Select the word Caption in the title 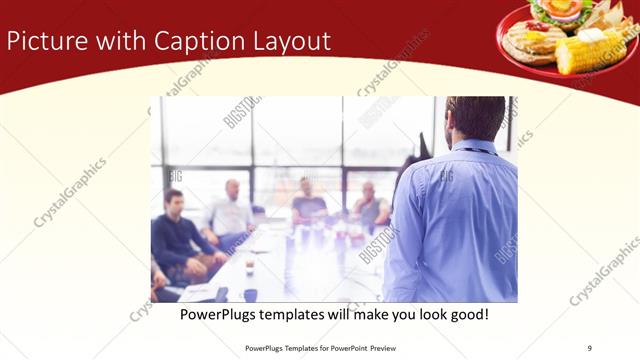click(x=193, y=41)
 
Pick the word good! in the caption click(x=467, y=314)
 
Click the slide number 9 click(x=588, y=348)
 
